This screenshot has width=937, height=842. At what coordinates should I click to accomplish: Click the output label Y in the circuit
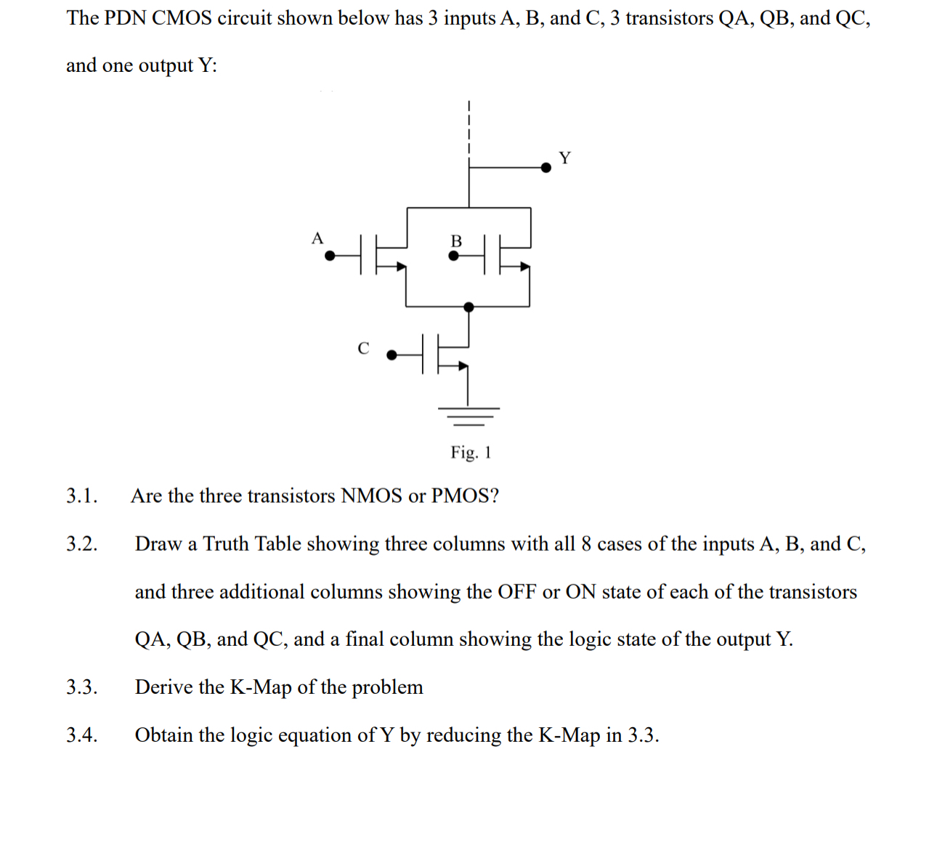coord(564,158)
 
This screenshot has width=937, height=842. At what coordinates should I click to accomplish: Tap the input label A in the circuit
coord(317,238)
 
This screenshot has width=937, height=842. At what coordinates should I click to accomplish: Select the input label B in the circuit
coord(456,240)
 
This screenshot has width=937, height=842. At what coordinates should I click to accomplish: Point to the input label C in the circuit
coord(363,349)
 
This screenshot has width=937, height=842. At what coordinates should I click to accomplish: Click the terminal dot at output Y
coord(546,168)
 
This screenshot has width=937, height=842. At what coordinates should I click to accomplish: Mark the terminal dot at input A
coord(330,255)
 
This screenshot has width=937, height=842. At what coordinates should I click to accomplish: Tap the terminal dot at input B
coord(454,256)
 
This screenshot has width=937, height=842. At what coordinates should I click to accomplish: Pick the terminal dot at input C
coord(392,355)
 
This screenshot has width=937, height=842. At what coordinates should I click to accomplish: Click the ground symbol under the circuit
coord(468,415)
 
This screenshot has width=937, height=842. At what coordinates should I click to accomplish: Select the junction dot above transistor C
coord(468,307)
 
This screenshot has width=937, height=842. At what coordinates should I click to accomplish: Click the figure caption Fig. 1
coord(471,453)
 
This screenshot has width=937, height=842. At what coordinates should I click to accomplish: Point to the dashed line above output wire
coord(469,127)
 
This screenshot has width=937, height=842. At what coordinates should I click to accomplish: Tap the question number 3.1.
coord(81,496)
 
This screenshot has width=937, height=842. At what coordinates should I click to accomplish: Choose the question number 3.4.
coord(81,735)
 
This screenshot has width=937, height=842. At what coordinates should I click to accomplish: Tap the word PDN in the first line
coord(125,18)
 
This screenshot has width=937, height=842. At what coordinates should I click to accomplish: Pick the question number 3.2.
coord(81,544)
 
